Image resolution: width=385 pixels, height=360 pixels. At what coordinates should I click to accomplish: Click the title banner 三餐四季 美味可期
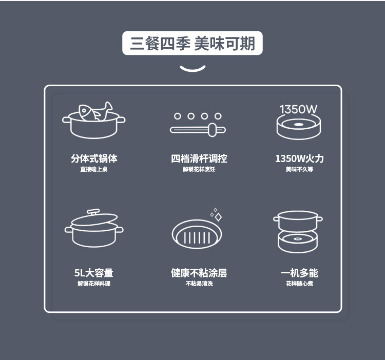[x=192, y=43]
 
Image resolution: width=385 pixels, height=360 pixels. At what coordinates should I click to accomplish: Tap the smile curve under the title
[x=192, y=70]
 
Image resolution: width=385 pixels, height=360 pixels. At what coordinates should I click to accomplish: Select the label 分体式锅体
[x=94, y=158]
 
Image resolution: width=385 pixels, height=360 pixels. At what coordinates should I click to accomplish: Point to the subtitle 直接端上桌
[x=94, y=169]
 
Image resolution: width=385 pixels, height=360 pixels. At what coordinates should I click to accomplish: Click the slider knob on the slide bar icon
[x=213, y=130]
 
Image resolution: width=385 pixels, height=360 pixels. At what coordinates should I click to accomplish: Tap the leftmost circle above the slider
[x=177, y=116]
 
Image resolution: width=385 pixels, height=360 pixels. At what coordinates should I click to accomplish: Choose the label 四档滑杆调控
[x=199, y=158]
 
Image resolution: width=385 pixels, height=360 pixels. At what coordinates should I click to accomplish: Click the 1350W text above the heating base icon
[x=298, y=109]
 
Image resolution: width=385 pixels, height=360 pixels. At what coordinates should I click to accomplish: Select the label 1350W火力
[x=299, y=158]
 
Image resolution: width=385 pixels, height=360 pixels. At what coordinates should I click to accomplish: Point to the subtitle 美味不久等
[x=299, y=169]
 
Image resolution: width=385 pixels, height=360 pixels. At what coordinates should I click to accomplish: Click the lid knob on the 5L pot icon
[x=93, y=212]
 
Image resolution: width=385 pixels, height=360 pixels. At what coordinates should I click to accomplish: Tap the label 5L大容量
[x=94, y=273]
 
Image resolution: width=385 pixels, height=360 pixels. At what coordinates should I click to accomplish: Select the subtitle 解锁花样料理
[x=94, y=284]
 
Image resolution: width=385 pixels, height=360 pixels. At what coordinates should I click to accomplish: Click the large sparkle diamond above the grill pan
[x=218, y=217]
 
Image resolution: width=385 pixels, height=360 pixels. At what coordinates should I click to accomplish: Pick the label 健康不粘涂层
[x=199, y=273]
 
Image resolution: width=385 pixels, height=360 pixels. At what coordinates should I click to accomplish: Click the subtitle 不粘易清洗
[x=199, y=284]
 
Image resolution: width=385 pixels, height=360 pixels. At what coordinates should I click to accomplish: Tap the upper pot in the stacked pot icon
[x=298, y=221]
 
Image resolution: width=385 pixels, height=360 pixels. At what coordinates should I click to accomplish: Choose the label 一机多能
[x=299, y=273]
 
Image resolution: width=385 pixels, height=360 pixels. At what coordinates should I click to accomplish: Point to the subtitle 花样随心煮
[x=299, y=284]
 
